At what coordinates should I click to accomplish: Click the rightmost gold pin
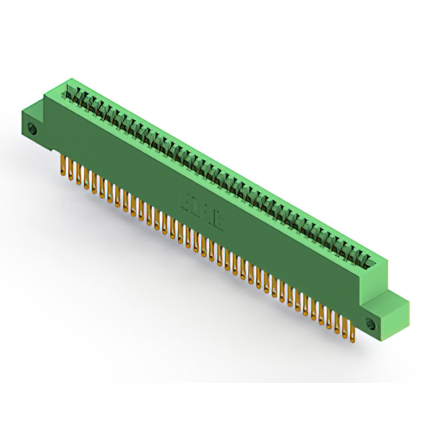[x=353, y=325]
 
